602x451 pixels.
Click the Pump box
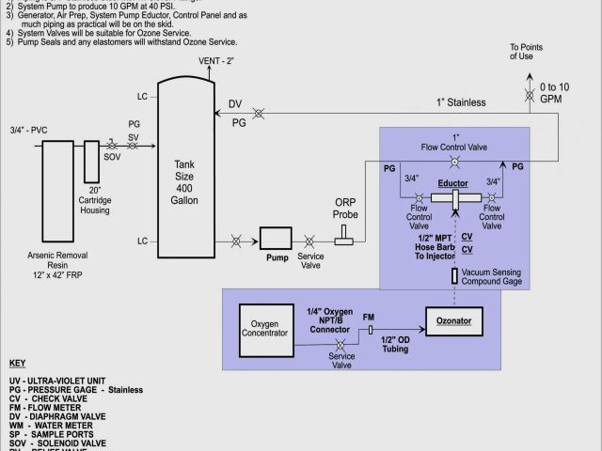tap(277, 240)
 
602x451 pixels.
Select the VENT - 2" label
tap(216, 61)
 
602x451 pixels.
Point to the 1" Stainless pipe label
tap(460, 101)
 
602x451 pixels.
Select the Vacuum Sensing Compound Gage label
tap(499, 277)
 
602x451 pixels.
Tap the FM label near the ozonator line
tap(368, 318)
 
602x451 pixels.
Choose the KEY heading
tap(17, 364)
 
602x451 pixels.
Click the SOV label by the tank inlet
tap(111, 156)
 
